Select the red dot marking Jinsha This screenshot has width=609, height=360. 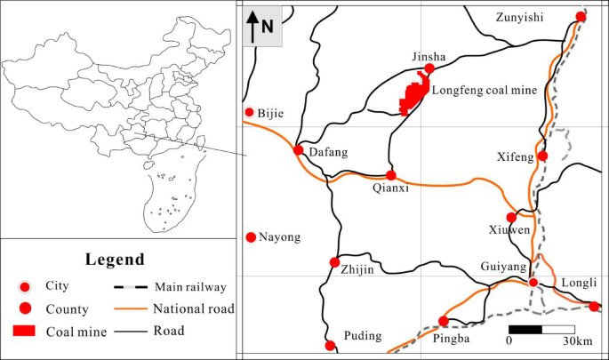coord(429,68)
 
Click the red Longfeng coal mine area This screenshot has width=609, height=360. coord(412,97)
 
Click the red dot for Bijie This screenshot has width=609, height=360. coord(250,112)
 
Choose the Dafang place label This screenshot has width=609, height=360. coord(328,153)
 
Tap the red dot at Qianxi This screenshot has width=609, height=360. coord(390,175)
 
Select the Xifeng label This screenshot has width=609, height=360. coord(515,157)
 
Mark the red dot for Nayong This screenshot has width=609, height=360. coord(251,236)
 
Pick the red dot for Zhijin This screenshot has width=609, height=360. coord(334,262)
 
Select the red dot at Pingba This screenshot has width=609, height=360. coord(444,322)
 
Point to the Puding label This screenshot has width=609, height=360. coord(363,336)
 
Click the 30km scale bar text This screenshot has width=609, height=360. coord(577,340)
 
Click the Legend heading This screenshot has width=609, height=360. coord(115,260)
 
